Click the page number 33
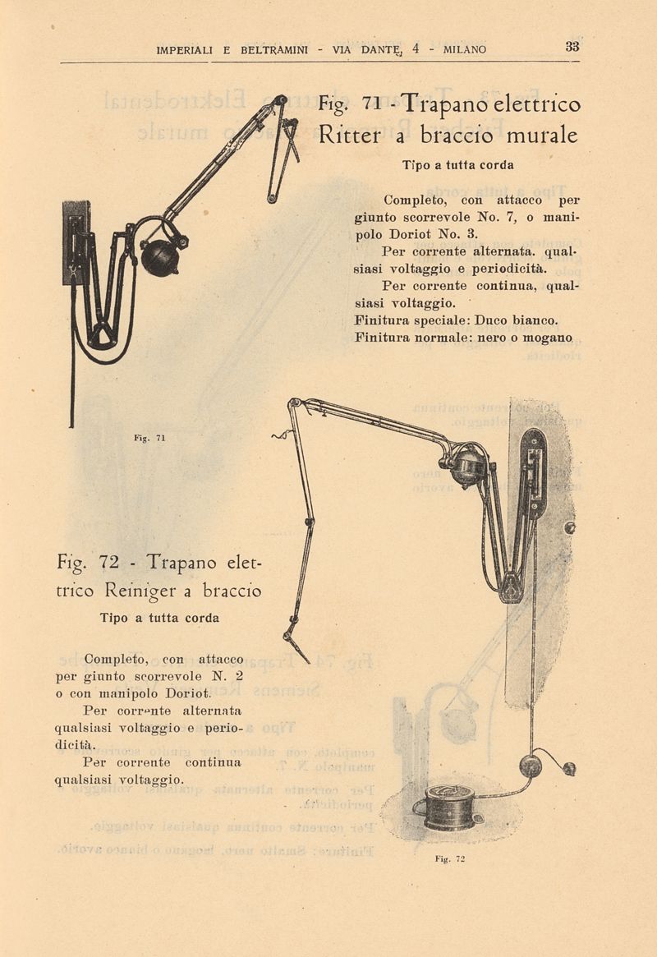572,46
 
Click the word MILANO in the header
465,50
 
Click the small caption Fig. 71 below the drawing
149,438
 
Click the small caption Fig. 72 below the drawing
450,858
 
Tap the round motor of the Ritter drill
160,257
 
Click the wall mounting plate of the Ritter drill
76,242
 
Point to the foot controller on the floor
449,807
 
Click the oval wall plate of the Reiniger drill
534,473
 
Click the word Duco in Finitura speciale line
490,320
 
